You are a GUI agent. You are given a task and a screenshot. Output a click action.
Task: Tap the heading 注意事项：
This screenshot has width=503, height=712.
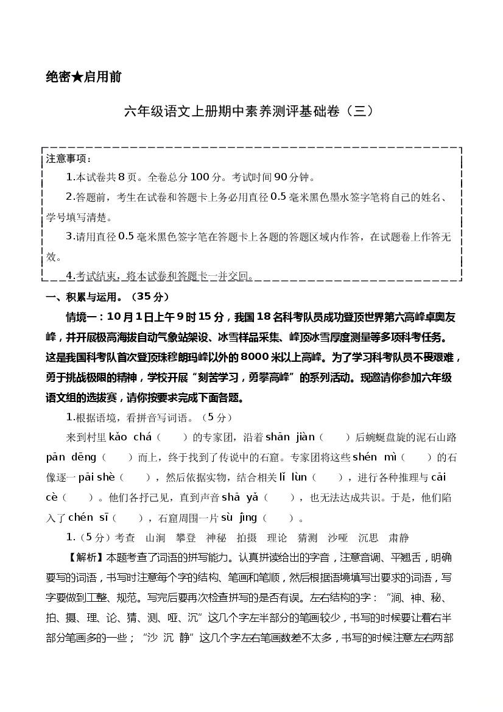click(x=69, y=159)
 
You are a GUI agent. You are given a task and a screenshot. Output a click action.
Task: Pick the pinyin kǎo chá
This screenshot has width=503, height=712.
click(x=130, y=437)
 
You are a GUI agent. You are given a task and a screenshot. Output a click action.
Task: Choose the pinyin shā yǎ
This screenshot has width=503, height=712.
click(x=241, y=497)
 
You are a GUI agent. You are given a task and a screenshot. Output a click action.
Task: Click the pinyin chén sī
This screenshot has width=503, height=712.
click(x=88, y=518)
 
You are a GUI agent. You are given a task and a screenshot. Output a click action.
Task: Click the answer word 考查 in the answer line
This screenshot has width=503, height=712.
click(x=125, y=538)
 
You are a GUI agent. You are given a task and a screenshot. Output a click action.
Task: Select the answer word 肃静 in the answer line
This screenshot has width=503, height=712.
click(x=399, y=538)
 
